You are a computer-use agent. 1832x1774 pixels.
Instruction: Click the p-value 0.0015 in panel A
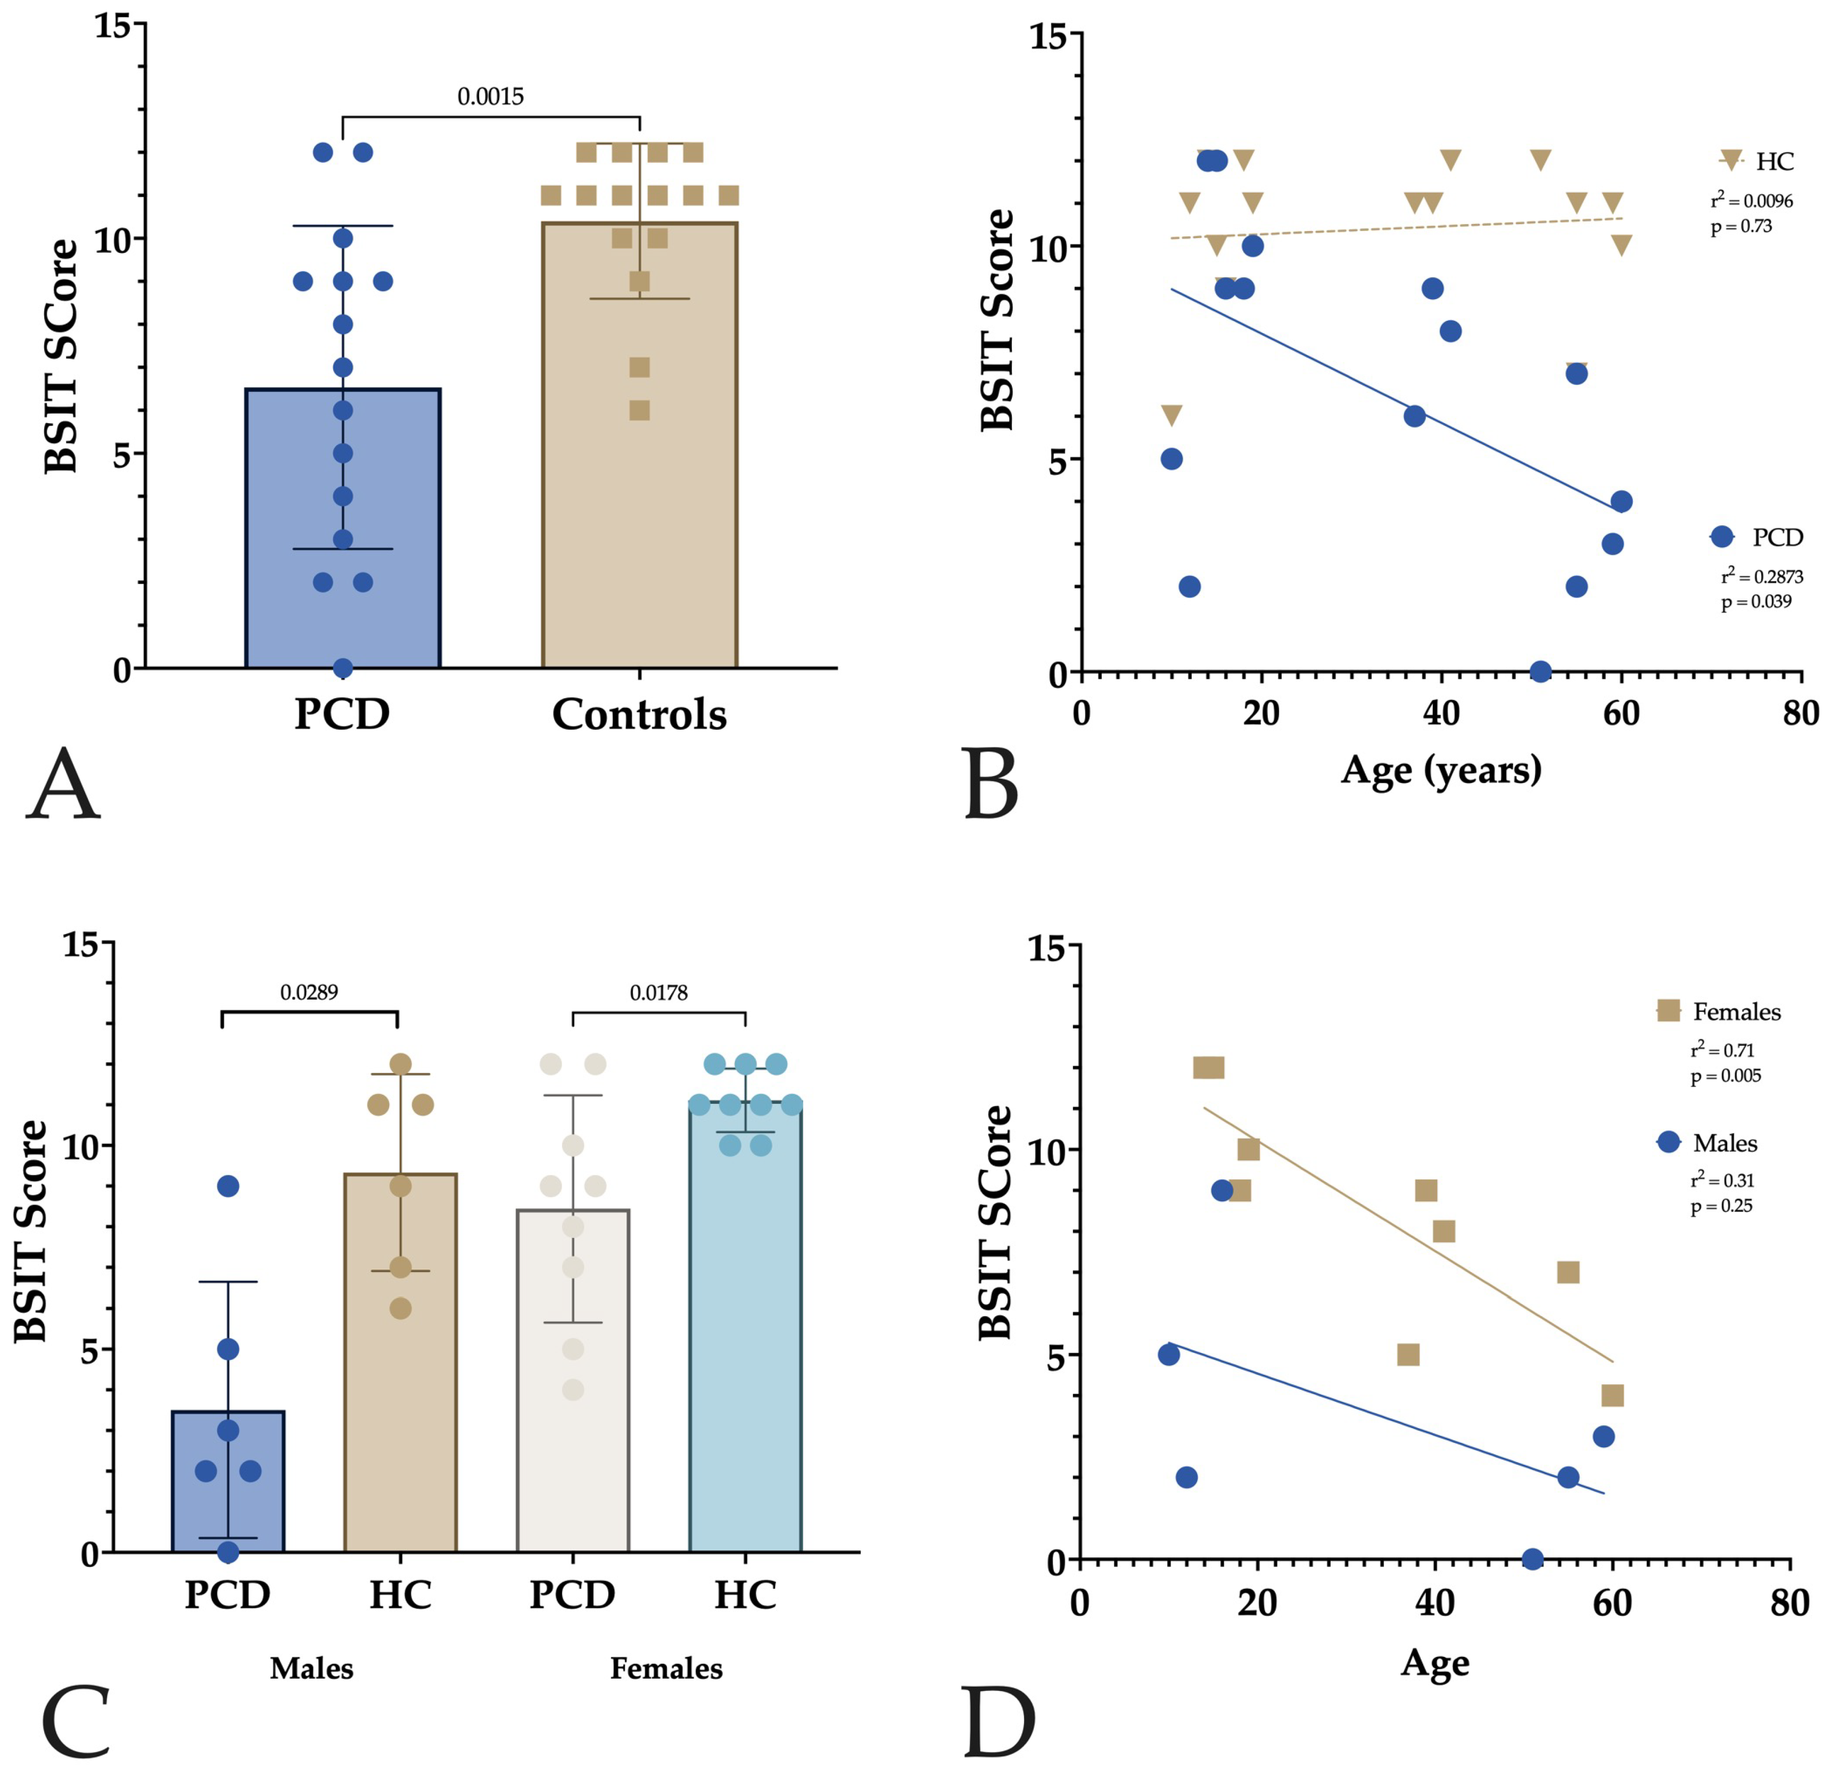click(490, 96)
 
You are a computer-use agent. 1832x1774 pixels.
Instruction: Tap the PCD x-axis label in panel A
click(342, 715)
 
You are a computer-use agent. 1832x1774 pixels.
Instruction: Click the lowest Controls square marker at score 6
click(639, 410)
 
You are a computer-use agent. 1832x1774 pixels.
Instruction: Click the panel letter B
click(991, 784)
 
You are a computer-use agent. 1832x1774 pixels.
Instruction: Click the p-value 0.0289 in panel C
click(309, 992)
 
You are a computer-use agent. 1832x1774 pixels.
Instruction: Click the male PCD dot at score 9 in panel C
click(228, 1186)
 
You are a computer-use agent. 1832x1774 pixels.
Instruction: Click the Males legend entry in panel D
click(1723, 1143)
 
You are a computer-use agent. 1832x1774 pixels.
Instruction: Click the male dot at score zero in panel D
click(1532, 1559)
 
